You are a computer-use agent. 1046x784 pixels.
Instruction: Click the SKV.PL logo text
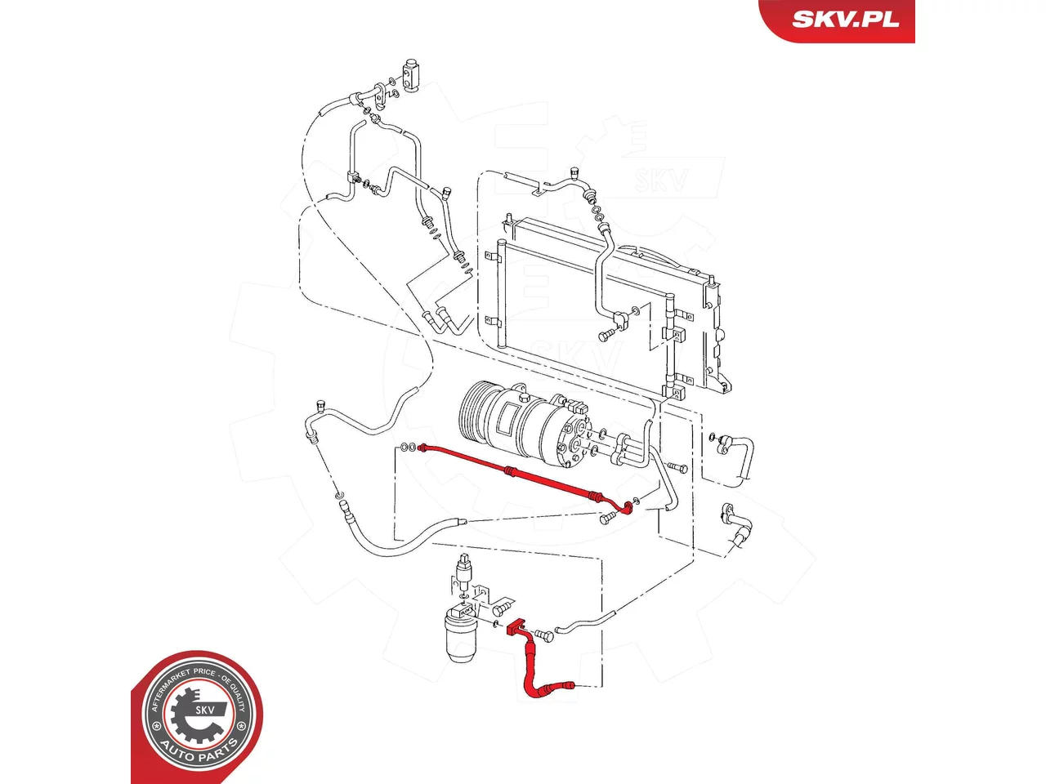tap(845, 19)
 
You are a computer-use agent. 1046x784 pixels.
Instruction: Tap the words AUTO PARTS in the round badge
tap(198, 753)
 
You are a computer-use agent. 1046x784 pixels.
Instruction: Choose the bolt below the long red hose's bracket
tap(608, 519)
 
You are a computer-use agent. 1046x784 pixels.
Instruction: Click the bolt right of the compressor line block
tap(677, 467)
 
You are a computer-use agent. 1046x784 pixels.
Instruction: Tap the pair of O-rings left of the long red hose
tap(408, 447)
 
